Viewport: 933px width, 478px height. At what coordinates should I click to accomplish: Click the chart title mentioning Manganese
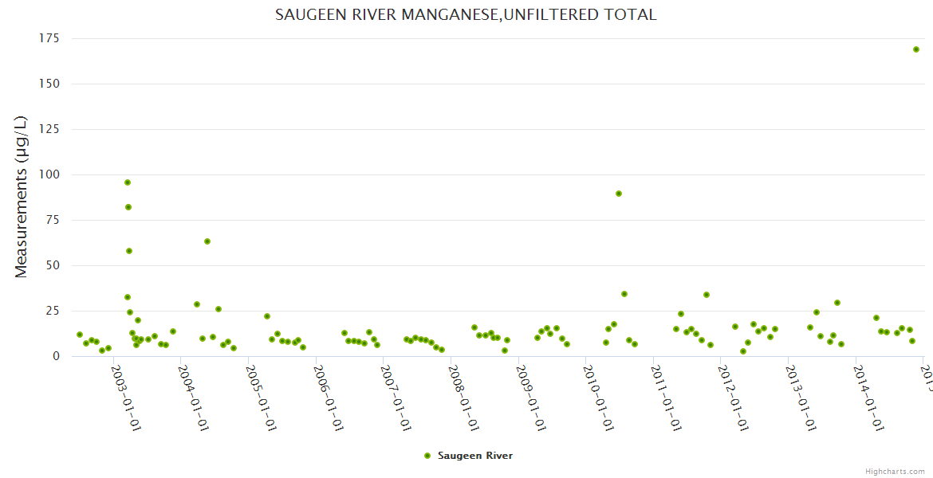[x=466, y=15]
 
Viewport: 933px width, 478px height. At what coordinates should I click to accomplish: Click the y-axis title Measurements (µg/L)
[x=22, y=197]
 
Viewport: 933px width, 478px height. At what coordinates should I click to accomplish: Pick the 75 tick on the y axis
[x=53, y=220]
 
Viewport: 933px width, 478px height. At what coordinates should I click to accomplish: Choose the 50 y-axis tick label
[x=53, y=265]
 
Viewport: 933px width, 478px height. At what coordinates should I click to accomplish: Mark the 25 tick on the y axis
[x=53, y=311]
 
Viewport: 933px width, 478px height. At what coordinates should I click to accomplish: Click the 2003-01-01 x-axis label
[x=126, y=398]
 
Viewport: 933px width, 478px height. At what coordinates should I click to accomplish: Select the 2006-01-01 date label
[x=329, y=398]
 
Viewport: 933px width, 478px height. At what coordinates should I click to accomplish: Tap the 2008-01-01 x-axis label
[x=463, y=398]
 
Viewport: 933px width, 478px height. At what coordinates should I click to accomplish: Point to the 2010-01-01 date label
[x=598, y=398]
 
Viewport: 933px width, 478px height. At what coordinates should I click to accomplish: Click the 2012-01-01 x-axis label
[x=733, y=398]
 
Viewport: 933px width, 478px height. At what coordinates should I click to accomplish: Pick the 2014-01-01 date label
[x=868, y=398]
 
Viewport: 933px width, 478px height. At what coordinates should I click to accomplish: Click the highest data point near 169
[x=916, y=49]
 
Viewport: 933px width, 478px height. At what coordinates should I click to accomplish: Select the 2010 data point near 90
[x=619, y=194]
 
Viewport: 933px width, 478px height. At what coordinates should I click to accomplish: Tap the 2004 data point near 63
[x=207, y=241]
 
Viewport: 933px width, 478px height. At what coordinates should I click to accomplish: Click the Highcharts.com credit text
[x=895, y=471]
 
